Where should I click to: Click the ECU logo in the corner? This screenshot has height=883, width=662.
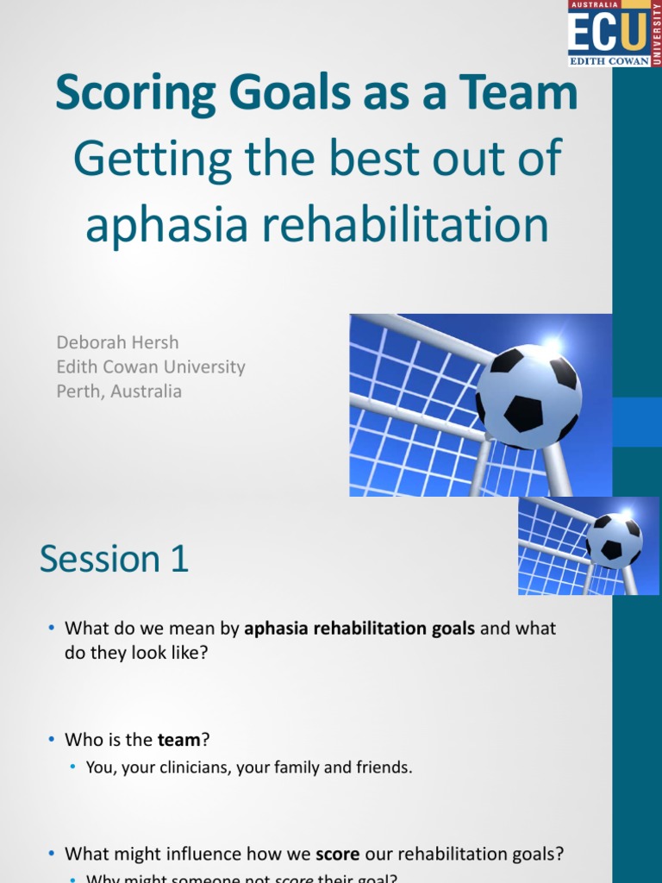(x=609, y=34)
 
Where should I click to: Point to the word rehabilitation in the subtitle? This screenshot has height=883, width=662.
(x=406, y=226)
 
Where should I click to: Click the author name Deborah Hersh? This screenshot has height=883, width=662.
(x=118, y=342)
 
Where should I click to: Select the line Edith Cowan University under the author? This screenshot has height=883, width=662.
(x=151, y=366)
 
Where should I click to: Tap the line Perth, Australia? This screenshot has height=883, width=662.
(x=119, y=391)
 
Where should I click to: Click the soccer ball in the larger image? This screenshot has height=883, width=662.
(x=528, y=396)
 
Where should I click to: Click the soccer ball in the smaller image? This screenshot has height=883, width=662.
(x=615, y=541)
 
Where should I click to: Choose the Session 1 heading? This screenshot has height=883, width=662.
(x=114, y=559)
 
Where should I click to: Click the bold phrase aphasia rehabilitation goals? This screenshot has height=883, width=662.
(x=359, y=629)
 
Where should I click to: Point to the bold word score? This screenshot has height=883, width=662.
(x=337, y=830)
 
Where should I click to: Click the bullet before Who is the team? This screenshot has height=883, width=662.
(x=52, y=740)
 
